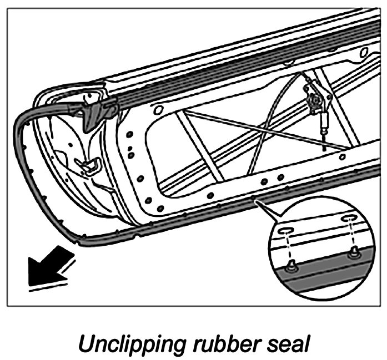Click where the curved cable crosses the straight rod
pos(269,131)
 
